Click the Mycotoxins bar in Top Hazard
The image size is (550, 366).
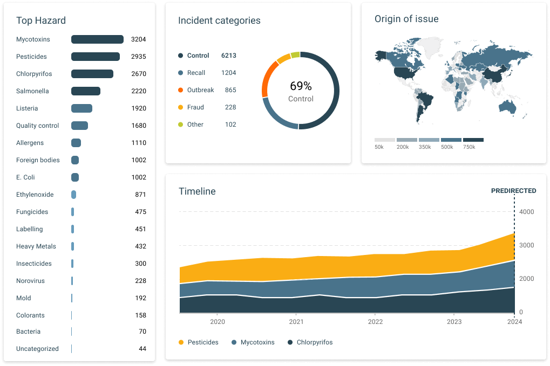pos(97,39)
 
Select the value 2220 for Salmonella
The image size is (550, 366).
pos(139,91)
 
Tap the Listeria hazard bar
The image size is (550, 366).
pos(82,108)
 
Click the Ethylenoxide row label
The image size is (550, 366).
pos(35,195)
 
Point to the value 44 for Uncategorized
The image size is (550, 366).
pos(142,349)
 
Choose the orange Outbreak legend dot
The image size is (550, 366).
pos(180,90)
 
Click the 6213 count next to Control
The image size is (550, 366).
pos(228,56)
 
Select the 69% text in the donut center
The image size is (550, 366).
pos(301,86)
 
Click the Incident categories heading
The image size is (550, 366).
pos(219,21)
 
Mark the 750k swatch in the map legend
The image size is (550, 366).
pos(473,140)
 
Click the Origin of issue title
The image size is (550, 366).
pos(406,19)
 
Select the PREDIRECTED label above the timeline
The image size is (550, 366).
pos(513,191)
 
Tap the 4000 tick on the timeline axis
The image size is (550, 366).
pos(526,212)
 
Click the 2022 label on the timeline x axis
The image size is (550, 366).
pos(375,322)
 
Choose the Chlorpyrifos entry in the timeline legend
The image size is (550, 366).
pos(310,342)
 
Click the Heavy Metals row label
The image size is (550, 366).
pos(36,246)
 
